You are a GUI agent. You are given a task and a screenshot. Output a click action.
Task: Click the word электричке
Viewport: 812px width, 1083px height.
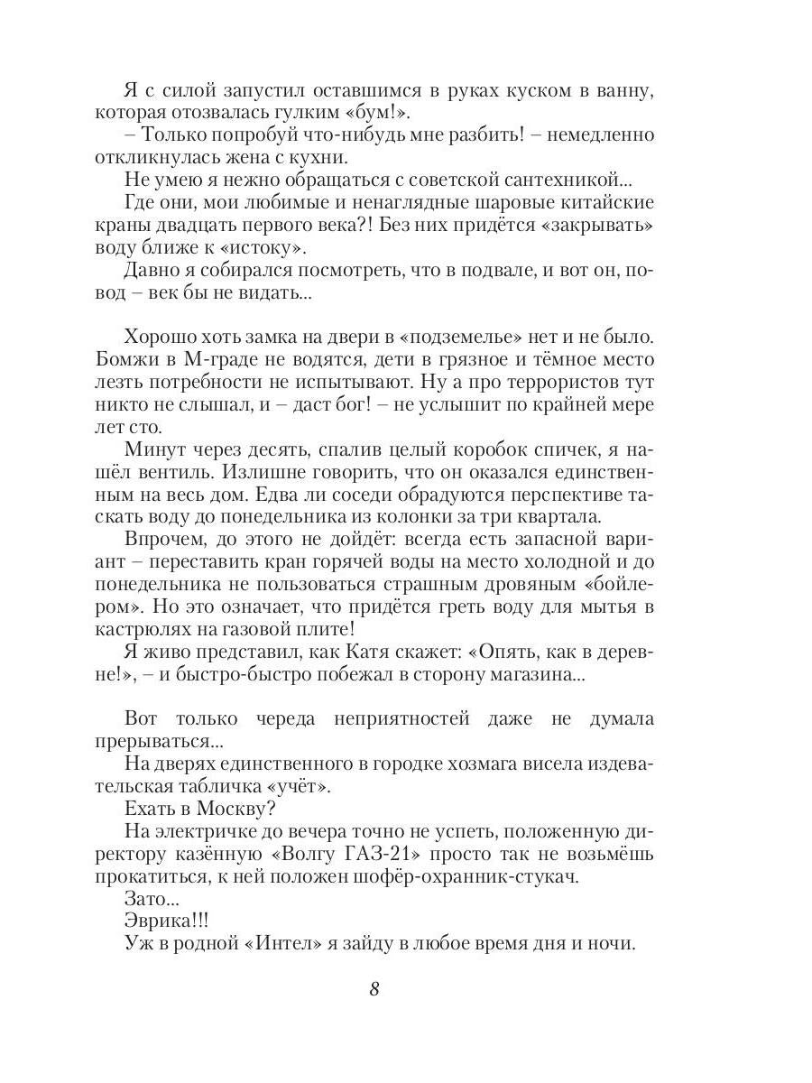point(213,831)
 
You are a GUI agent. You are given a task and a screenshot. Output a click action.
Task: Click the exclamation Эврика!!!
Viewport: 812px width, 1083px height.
point(166,921)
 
